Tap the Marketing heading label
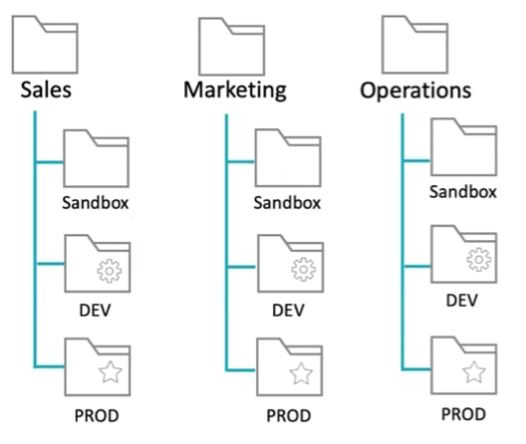pyautogui.click(x=234, y=90)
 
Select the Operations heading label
pyautogui.click(x=414, y=90)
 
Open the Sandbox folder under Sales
pyautogui.click(x=97, y=156)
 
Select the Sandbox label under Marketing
pyautogui.click(x=287, y=203)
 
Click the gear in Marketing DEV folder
pyautogui.click(x=299, y=269)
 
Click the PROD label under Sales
pyautogui.click(x=98, y=411)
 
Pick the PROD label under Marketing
pyautogui.click(x=288, y=414)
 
